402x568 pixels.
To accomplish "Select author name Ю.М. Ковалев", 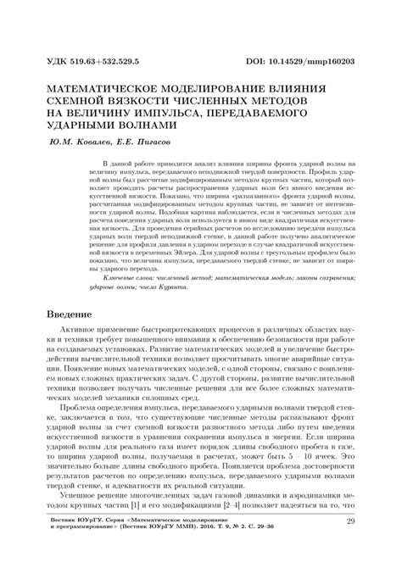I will click(81, 142).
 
